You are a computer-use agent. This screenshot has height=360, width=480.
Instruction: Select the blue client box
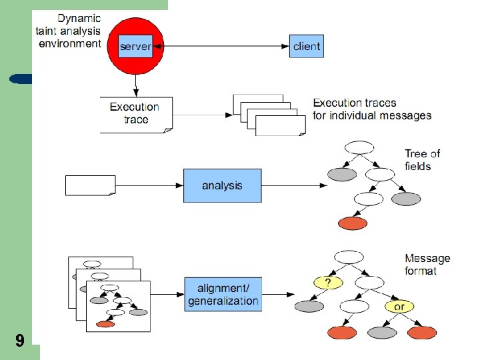[x=306, y=46]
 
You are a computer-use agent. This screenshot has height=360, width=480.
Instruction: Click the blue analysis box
[x=222, y=185]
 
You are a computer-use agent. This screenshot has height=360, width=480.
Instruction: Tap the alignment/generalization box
[x=223, y=294]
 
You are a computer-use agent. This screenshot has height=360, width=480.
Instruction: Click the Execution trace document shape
[x=136, y=114]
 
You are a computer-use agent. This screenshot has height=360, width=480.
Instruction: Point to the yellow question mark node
[x=328, y=283]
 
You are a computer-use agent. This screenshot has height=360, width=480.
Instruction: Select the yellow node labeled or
[x=399, y=307]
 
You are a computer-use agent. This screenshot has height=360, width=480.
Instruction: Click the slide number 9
[x=20, y=341]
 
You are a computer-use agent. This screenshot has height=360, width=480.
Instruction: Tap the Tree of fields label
[x=422, y=160]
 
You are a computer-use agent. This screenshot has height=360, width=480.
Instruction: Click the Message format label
[x=427, y=265]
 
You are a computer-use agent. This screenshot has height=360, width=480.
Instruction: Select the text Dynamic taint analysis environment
[x=70, y=31]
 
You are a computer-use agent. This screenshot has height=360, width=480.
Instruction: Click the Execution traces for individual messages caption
[x=372, y=109]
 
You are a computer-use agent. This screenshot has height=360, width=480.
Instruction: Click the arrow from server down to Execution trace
[x=136, y=84]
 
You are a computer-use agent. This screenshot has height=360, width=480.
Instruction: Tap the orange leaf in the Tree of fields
[x=352, y=223]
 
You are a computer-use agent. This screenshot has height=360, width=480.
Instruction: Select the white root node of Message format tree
[x=349, y=257]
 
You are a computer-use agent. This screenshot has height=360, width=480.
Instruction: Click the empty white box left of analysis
[x=90, y=185]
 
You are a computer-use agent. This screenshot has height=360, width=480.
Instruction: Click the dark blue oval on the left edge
[x=21, y=79]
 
